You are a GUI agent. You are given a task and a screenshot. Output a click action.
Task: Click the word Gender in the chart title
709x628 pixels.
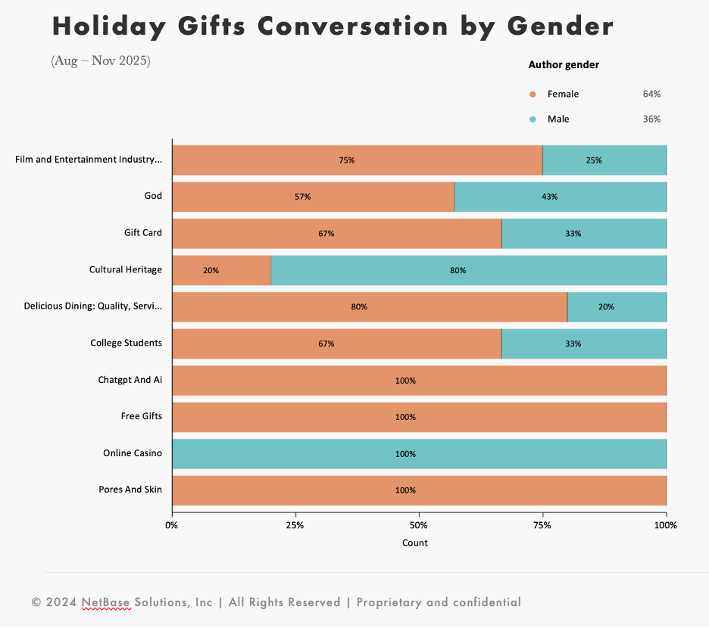point(560,26)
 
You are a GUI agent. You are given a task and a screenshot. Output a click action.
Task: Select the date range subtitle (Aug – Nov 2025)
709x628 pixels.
point(101,61)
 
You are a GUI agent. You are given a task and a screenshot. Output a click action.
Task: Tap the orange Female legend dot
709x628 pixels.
point(533,95)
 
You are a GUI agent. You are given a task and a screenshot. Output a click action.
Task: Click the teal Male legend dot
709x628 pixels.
point(533,120)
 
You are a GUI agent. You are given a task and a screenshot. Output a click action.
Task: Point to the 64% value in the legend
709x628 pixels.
point(651,95)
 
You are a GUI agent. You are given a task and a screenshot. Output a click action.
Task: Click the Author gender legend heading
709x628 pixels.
point(564,65)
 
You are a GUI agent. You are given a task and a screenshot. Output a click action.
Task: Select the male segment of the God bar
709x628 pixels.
point(560,197)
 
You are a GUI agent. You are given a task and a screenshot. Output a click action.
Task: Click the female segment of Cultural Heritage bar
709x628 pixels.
point(221,270)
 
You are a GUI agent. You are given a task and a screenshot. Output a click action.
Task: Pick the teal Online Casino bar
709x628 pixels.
point(419,454)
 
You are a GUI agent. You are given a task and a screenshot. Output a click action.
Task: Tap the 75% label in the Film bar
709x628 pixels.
point(347,160)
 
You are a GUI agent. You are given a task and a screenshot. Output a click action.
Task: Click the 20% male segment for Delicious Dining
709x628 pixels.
point(617,307)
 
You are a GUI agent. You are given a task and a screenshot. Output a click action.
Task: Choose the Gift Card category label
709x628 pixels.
point(143,233)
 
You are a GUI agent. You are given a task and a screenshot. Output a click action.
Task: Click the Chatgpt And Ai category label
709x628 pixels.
point(130,380)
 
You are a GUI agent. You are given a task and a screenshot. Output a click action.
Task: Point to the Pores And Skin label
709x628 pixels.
point(130,490)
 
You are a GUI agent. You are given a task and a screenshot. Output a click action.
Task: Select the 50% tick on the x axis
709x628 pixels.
point(419,525)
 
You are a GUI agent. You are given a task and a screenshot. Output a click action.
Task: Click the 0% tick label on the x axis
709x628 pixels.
point(173,525)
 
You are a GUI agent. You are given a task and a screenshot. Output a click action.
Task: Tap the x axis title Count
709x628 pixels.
point(415,543)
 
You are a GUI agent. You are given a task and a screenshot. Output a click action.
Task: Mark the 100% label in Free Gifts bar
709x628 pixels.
point(405,417)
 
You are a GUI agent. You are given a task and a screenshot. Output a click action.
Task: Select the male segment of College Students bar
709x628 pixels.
point(583,344)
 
